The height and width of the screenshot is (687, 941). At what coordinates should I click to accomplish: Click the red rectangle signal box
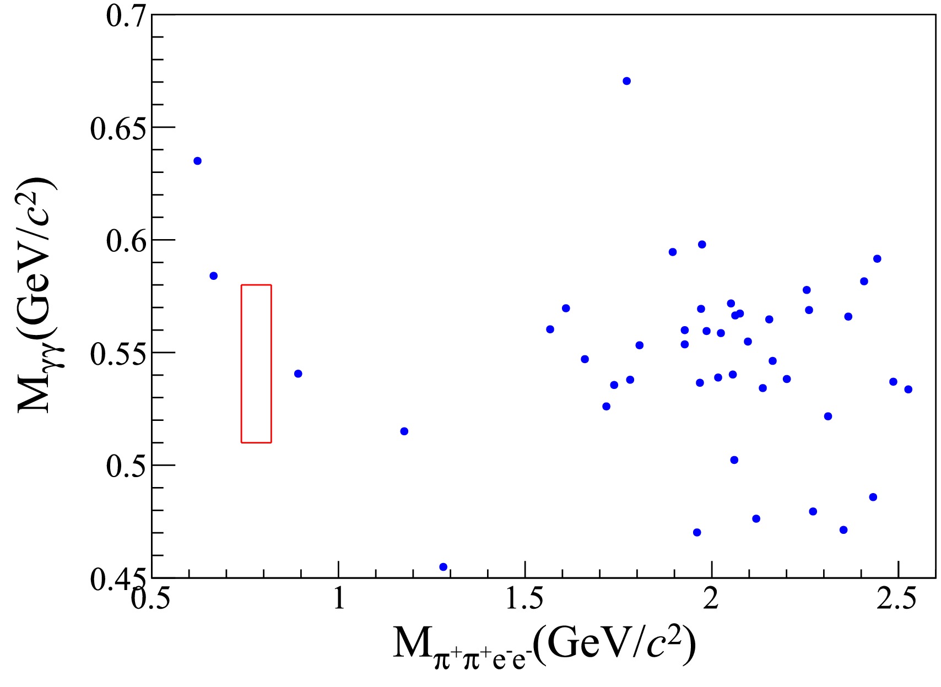click(256, 364)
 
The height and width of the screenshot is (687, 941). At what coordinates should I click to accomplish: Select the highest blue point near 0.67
click(626, 81)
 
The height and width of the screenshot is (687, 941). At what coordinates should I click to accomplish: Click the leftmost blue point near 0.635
click(197, 161)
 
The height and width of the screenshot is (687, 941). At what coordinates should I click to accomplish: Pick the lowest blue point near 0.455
click(443, 567)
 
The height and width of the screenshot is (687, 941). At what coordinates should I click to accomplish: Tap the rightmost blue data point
click(908, 390)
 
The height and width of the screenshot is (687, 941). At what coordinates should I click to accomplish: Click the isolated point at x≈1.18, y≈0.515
click(404, 431)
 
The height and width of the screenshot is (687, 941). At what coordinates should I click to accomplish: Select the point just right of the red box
click(298, 374)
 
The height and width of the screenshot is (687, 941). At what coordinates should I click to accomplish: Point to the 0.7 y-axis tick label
click(126, 15)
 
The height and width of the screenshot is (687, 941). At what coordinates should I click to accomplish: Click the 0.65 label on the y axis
click(118, 128)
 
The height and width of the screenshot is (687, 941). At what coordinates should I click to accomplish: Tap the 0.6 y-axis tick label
click(126, 241)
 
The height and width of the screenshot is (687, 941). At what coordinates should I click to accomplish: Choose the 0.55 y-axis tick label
click(118, 354)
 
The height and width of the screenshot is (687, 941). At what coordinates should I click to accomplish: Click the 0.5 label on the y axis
click(126, 466)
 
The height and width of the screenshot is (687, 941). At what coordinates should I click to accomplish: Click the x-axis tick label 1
click(339, 598)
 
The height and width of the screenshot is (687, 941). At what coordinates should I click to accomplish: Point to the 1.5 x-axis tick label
click(525, 598)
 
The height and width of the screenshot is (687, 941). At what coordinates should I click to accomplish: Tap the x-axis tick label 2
click(711, 598)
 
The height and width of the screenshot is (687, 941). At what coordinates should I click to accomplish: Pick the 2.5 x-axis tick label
click(897, 598)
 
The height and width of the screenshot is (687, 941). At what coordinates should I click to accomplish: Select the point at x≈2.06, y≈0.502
click(734, 460)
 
